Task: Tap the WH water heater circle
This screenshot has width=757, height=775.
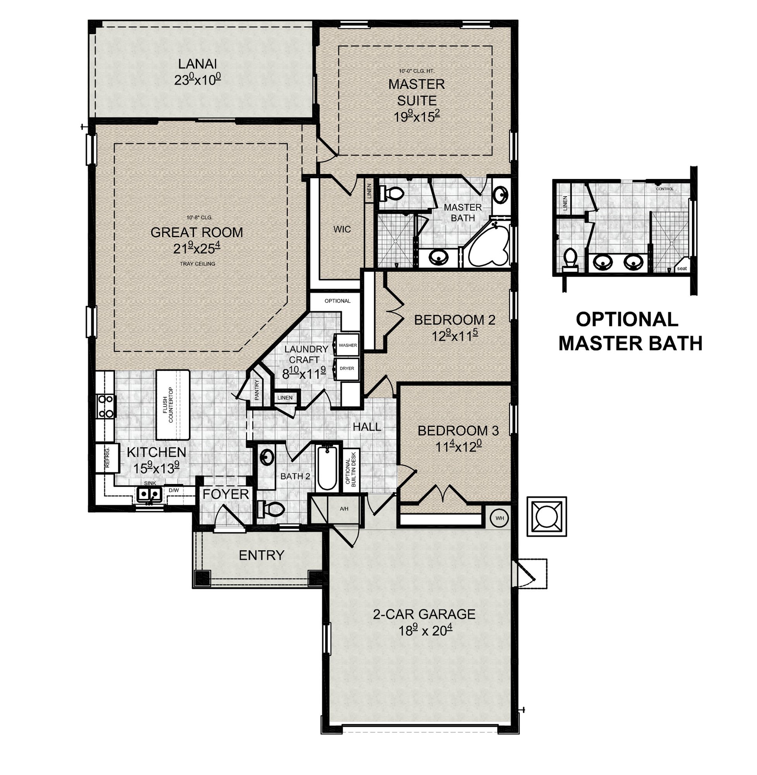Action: pyautogui.click(x=500, y=518)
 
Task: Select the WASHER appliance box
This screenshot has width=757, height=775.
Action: pyautogui.click(x=347, y=345)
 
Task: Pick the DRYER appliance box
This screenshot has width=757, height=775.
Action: pyautogui.click(x=347, y=369)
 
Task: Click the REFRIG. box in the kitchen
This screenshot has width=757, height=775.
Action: pyautogui.click(x=107, y=458)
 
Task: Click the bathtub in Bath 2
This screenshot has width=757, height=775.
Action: pyautogui.click(x=327, y=468)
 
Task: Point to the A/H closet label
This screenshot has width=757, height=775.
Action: pyautogui.click(x=344, y=508)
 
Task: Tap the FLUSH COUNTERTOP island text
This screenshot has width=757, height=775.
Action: pyautogui.click(x=168, y=405)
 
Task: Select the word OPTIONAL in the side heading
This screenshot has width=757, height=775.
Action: pyautogui.click(x=627, y=319)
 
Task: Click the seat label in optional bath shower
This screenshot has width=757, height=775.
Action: pyautogui.click(x=682, y=268)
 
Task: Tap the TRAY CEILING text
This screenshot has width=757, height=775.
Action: pyautogui.click(x=197, y=264)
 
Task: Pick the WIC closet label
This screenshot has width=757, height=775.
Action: pyautogui.click(x=342, y=229)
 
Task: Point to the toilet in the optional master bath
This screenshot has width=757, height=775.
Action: pyautogui.click(x=570, y=260)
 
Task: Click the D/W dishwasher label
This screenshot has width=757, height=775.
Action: pyautogui.click(x=174, y=490)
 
